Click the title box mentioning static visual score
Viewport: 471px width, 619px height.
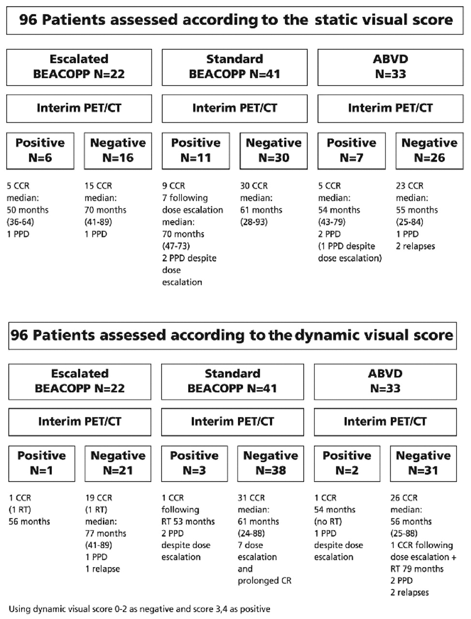point(235,20)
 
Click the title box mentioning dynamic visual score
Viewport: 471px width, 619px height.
point(232,335)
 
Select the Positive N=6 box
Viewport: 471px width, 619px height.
point(40,150)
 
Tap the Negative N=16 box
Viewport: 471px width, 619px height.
point(118,150)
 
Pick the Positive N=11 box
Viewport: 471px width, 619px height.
point(196,150)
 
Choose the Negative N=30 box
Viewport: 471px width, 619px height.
point(274,150)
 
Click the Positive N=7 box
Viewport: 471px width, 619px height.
point(352,150)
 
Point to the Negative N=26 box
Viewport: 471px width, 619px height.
point(429,150)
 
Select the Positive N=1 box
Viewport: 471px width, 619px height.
point(42,463)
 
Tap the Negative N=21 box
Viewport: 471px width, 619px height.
point(118,463)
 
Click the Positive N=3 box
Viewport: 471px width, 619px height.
point(194,463)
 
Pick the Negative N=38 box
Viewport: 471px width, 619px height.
point(271,463)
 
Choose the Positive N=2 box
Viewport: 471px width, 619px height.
point(347,463)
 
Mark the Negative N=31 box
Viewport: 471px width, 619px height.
point(424,463)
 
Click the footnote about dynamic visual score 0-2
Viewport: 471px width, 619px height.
point(140,609)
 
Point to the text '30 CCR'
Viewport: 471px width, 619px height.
point(254,186)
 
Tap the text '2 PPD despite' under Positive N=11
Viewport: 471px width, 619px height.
point(189,258)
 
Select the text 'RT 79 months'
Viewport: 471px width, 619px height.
point(417,569)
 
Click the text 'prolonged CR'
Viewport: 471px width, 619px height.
point(265,580)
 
